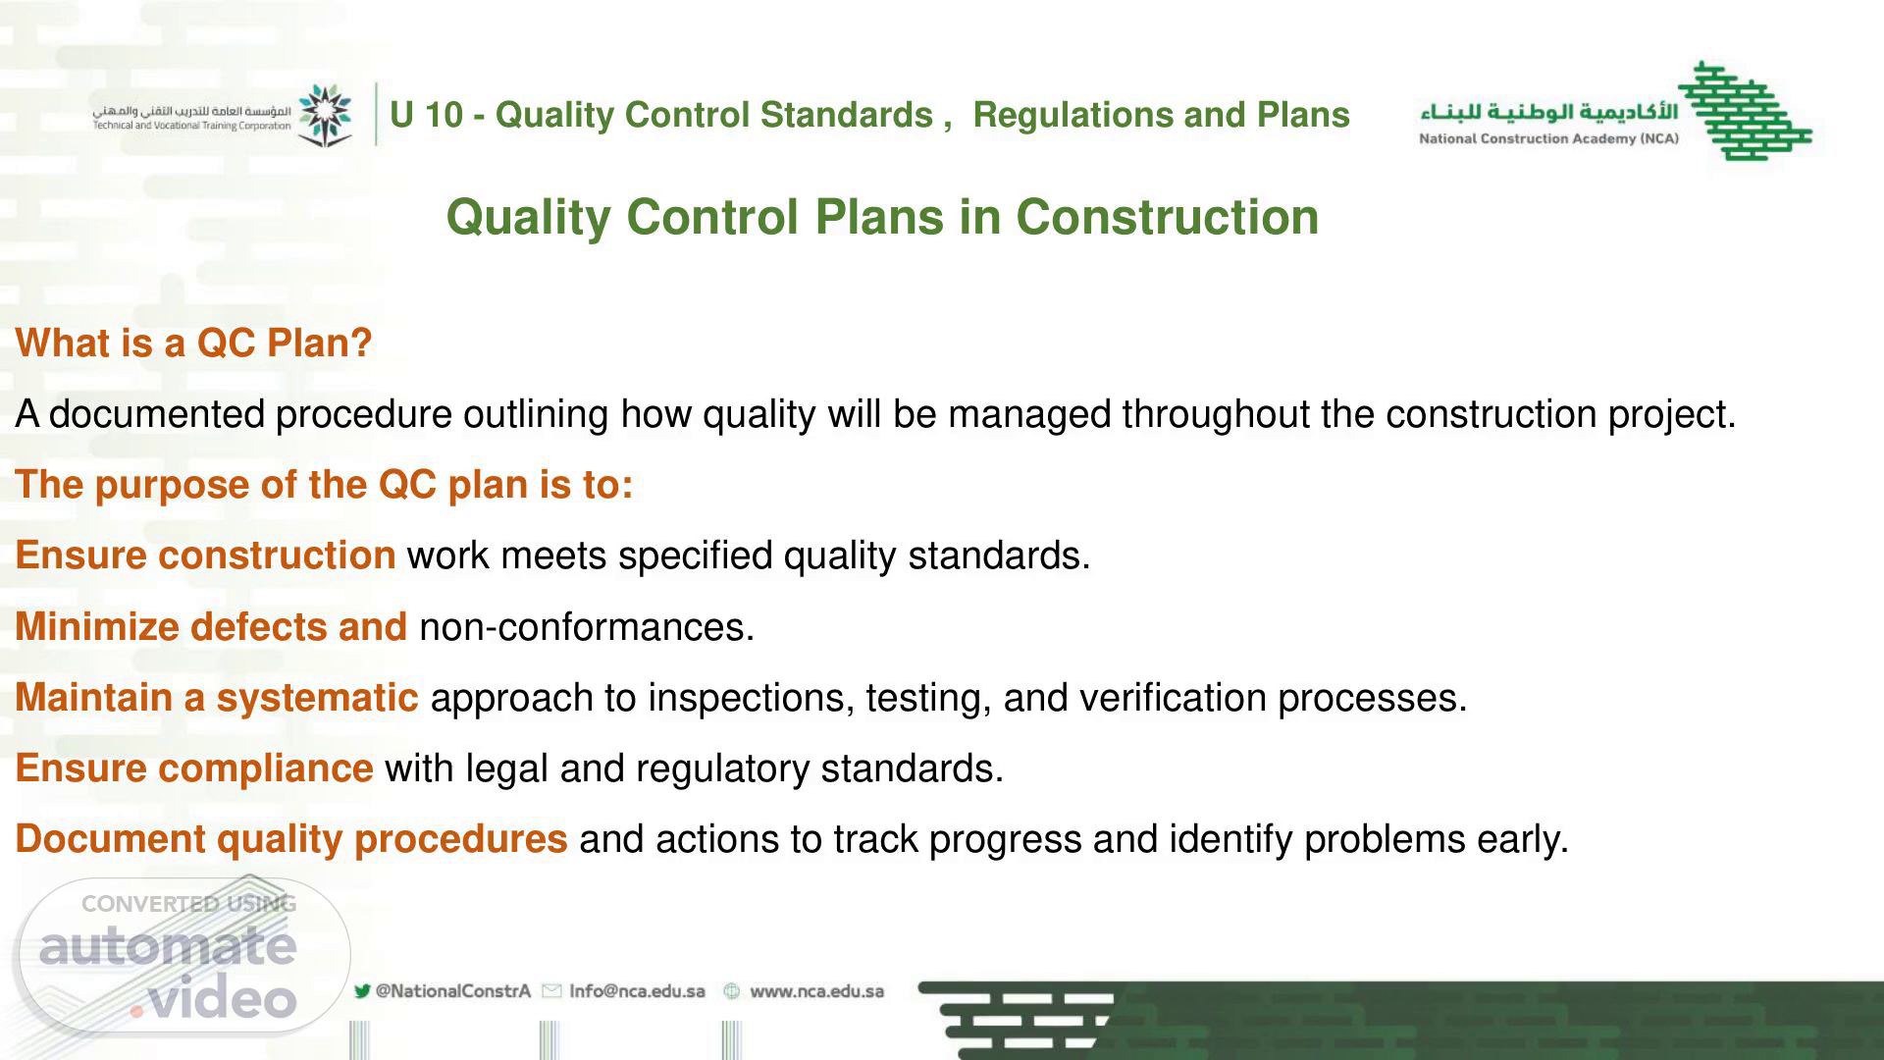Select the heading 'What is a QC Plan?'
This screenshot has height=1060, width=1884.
193,344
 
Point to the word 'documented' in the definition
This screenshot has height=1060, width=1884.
157,414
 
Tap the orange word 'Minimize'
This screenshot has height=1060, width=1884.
96,626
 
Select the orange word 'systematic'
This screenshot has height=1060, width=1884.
317,698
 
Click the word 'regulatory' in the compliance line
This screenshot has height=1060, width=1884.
722,768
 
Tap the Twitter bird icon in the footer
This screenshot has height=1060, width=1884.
362,991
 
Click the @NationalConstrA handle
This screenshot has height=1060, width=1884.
452,991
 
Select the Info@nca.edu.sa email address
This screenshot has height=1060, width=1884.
637,991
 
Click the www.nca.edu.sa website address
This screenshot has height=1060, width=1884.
816,991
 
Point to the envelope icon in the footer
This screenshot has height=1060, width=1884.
551,991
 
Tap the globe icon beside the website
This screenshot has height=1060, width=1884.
731,991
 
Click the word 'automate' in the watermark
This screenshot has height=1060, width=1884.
168,946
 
